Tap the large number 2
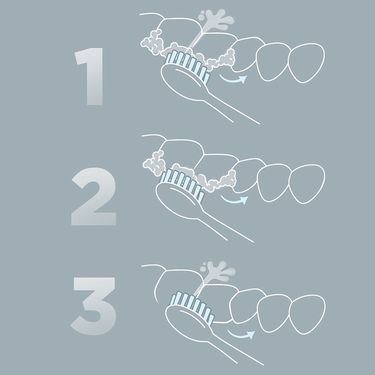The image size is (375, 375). click(x=94, y=197)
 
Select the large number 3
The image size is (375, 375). click(x=94, y=306)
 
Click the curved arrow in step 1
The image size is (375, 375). click(x=233, y=80)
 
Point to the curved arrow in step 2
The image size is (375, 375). click(x=234, y=200)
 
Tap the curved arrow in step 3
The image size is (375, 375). click(x=241, y=335)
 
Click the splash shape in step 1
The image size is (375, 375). click(x=216, y=19)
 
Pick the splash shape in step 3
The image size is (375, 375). click(x=217, y=272)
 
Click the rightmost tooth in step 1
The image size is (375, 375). click(x=306, y=63)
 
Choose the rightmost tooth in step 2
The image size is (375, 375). click(x=307, y=184)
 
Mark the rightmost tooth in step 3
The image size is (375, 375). click(x=307, y=315)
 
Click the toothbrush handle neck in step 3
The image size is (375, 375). click(x=235, y=349)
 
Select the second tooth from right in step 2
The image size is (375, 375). click(x=274, y=183)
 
